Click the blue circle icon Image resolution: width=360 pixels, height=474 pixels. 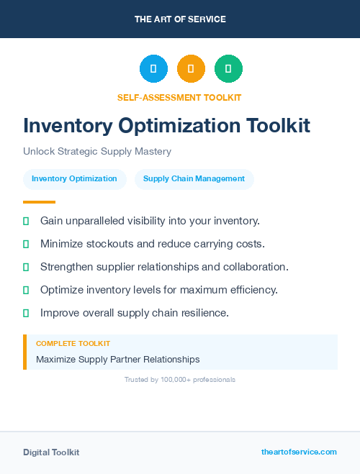(x=153, y=69)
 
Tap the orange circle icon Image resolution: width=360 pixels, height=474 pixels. (x=191, y=69)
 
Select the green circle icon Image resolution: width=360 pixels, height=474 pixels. (x=228, y=69)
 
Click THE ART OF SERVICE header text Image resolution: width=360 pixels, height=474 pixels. (x=180, y=19)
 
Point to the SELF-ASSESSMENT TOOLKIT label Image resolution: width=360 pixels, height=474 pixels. (x=179, y=97)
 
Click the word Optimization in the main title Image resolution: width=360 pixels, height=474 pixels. (x=180, y=126)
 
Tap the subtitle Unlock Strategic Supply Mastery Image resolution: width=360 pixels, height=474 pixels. (x=97, y=152)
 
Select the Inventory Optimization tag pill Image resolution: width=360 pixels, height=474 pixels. (x=74, y=178)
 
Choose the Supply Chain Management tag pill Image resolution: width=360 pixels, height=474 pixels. (x=194, y=178)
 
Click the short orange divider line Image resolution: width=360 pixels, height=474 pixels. (x=39, y=202)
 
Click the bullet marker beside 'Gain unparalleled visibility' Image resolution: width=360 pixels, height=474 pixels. (x=26, y=221)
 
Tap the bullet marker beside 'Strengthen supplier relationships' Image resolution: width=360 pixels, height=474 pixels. (x=26, y=267)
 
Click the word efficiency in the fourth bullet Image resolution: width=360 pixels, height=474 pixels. (x=252, y=290)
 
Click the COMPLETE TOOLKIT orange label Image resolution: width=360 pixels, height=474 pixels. (x=73, y=344)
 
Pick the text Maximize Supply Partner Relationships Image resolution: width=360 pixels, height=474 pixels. (x=118, y=359)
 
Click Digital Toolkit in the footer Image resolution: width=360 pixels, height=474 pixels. (x=51, y=452)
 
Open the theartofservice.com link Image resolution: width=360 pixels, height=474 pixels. (x=299, y=452)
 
